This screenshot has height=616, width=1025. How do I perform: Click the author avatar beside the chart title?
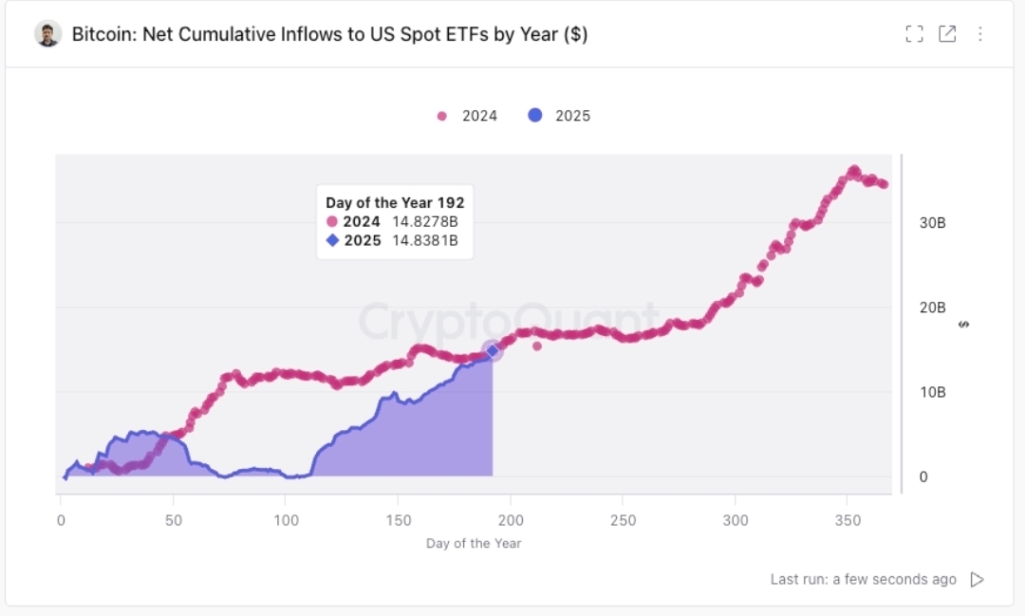pos(48,34)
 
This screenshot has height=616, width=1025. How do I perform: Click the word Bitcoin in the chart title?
pos(101,34)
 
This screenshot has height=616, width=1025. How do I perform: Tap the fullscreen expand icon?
pos(914,34)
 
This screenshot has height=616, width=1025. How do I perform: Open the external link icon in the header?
pos(947,34)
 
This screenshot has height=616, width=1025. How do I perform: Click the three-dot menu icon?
pos(980,34)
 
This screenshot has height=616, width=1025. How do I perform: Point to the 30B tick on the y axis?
pos(933,223)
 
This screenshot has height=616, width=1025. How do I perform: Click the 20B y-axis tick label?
pos(933,308)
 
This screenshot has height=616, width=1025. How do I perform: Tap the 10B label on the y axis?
pos(933,392)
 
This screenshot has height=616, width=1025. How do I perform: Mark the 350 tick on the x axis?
pos(847,520)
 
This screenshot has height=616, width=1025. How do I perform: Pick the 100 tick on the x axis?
pos(286,520)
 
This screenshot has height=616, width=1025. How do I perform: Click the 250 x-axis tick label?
pos(622,520)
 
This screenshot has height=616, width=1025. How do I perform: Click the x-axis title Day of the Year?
pos(474,544)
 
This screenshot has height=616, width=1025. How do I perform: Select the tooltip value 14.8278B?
pos(425,222)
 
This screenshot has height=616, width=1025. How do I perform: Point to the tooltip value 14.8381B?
pos(425,240)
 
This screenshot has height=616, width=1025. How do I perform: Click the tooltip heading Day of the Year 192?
pos(395,202)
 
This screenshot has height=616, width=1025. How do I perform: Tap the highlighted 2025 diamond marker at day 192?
pos(492,351)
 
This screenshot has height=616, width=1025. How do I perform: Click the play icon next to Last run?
pos(977,579)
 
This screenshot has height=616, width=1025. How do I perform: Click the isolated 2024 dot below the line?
pos(537,345)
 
